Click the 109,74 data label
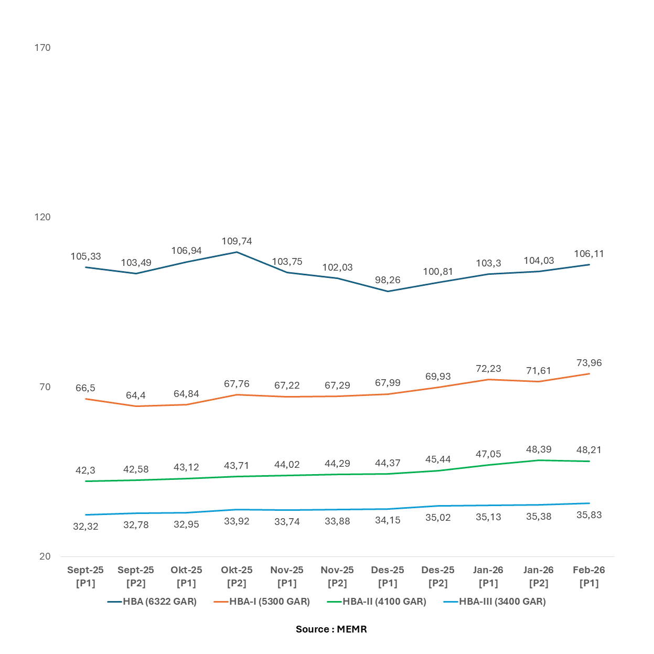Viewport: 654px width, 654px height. point(237,241)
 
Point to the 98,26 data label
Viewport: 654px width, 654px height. point(388,280)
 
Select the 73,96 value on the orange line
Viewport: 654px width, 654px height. point(589,363)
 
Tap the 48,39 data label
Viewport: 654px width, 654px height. point(539,449)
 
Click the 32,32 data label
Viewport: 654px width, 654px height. point(85,527)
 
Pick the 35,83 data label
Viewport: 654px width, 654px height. point(589,515)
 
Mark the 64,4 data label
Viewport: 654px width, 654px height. point(136,395)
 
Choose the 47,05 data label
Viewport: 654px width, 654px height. point(488,454)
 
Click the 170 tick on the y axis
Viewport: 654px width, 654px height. point(42,48)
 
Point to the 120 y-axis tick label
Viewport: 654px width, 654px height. point(42,217)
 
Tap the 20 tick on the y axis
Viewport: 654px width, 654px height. point(45,556)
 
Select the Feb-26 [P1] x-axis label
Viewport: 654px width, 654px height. point(589,576)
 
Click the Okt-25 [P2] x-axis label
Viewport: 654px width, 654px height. point(237,576)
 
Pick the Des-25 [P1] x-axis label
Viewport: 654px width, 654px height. point(388,576)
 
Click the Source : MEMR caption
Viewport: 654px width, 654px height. point(331,629)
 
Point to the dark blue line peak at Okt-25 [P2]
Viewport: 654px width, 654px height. point(237,252)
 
